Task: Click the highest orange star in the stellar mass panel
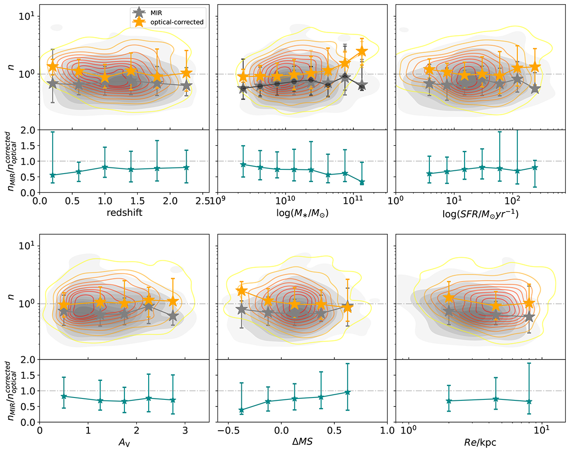coord(362,51)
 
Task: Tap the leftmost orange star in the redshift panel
coord(53,66)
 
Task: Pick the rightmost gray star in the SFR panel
coord(535,88)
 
